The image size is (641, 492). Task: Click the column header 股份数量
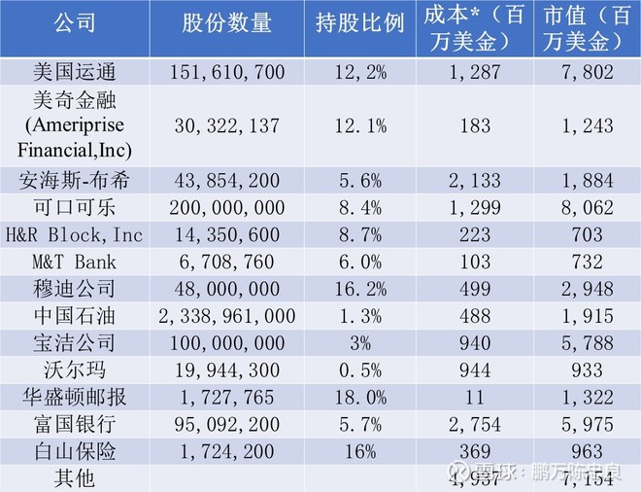point(226,26)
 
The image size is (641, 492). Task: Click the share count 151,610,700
point(226,73)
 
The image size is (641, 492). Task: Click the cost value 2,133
point(476,181)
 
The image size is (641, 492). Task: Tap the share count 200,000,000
point(226,208)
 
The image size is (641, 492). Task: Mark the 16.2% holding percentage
point(359,290)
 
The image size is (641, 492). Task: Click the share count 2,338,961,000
point(226,317)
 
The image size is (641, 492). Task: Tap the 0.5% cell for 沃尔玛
point(359,370)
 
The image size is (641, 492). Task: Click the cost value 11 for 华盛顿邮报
point(476,398)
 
